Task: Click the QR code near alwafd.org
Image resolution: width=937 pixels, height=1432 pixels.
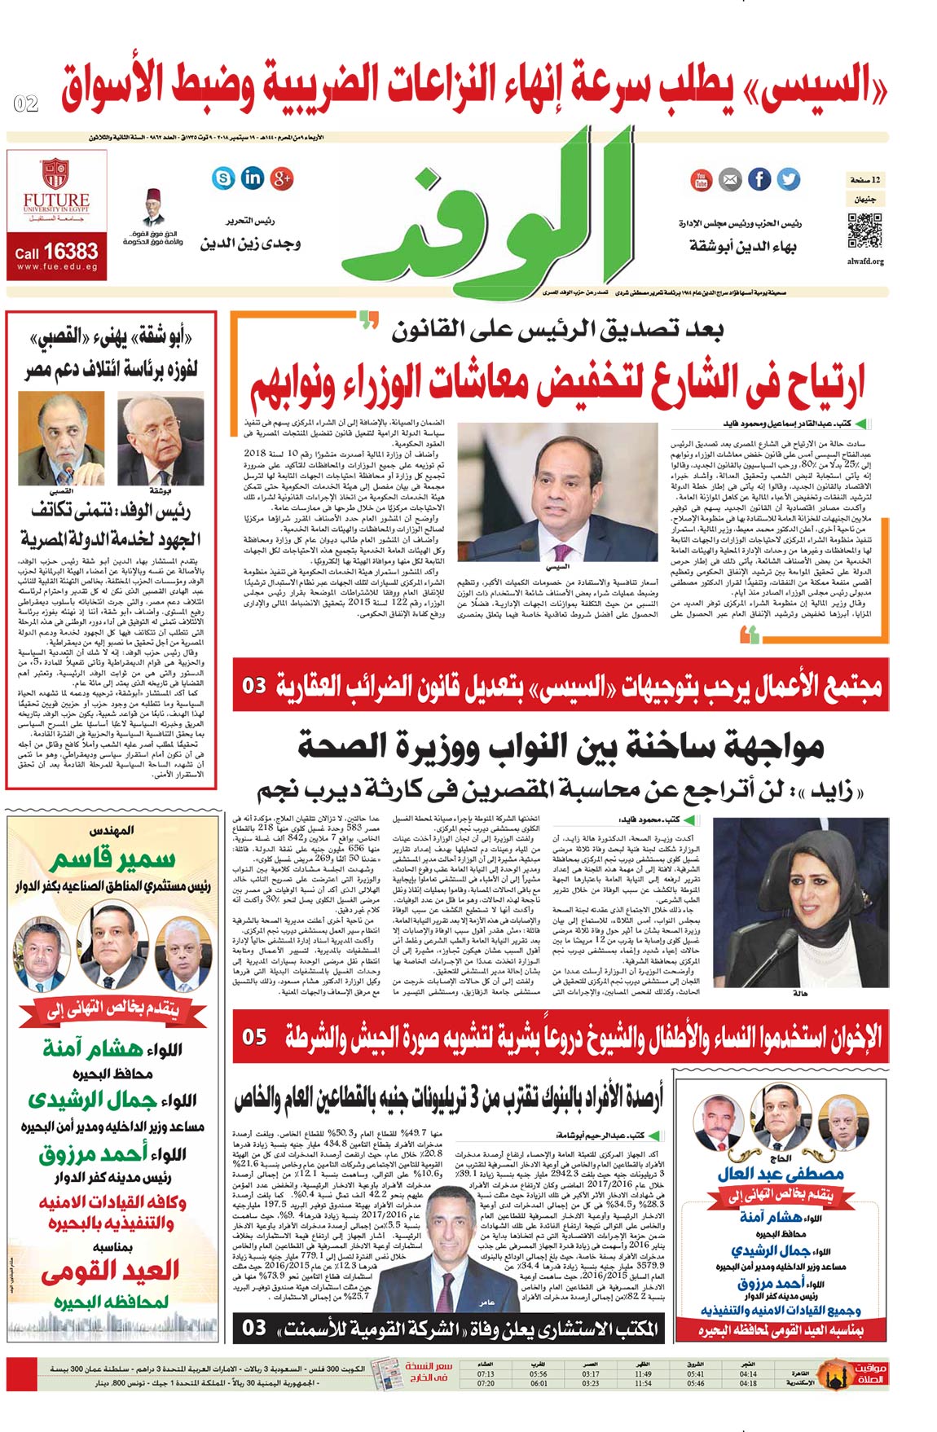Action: pyautogui.click(x=864, y=231)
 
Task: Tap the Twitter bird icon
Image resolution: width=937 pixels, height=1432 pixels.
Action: pyautogui.click(x=788, y=179)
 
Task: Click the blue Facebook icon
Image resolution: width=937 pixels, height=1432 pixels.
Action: pyautogui.click(x=759, y=179)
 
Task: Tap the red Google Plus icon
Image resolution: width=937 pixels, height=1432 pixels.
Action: pyautogui.click(x=282, y=178)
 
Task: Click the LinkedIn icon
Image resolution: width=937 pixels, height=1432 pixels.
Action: pyautogui.click(x=253, y=177)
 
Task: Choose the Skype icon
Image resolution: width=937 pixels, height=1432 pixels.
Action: pyautogui.click(x=222, y=178)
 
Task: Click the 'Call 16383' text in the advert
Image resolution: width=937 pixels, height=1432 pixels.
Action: pyautogui.click(x=56, y=252)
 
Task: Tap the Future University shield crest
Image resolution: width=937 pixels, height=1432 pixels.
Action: pyautogui.click(x=55, y=174)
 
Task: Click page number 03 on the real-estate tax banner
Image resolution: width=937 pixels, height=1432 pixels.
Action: pyautogui.click(x=254, y=685)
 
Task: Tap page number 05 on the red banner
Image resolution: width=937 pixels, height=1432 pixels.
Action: pyautogui.click(x=254, y=1037)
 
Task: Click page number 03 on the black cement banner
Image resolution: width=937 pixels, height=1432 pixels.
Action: pyautogui.click(x=254, y=1328)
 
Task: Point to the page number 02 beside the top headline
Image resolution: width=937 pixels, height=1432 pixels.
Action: pyautogui.click(x=26, y=103)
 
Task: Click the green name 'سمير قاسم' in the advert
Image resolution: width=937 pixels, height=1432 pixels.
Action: pyautogui.click(x=112, y=859)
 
